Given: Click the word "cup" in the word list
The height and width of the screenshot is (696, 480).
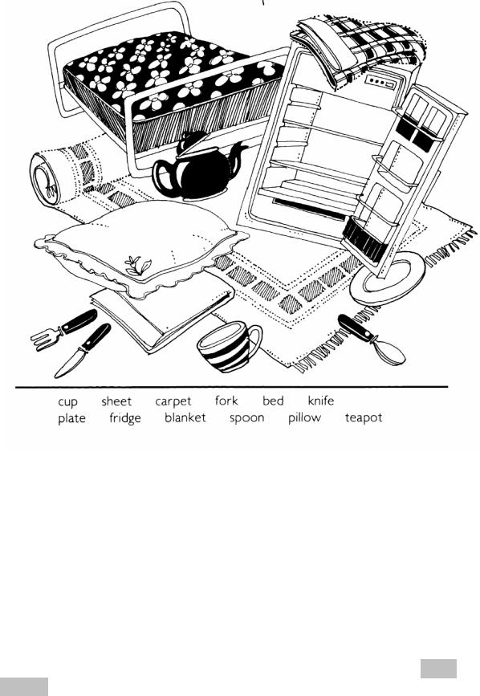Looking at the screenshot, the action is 67,401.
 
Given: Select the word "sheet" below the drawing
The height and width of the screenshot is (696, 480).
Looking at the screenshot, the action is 116,401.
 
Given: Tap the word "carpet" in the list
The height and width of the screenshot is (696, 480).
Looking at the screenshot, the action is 173,401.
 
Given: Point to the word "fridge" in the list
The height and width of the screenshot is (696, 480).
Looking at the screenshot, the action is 125,418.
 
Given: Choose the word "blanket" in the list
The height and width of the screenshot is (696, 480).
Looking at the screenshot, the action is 185,417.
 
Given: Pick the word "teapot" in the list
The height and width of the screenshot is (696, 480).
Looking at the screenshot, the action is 364,418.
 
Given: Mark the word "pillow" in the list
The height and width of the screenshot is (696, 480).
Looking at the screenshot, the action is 304,417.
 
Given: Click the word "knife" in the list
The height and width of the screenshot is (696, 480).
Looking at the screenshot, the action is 321,401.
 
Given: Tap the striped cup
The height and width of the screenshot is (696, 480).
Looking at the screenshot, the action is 229,346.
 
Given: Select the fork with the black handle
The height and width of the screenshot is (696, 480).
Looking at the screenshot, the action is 63,330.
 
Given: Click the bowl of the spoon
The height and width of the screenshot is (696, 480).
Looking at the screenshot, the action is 388,352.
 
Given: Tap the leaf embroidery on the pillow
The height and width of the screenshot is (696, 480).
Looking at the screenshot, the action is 138,265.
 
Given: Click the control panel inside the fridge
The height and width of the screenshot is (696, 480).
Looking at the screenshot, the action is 380,83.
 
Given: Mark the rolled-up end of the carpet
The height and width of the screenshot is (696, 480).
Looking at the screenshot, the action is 44,179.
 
